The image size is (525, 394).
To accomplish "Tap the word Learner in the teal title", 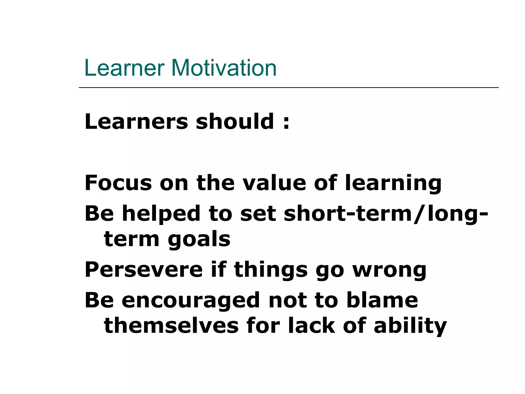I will pos(124,68).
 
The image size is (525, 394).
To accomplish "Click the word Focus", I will pos(118,183).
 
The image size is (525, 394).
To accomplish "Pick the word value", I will pos(274,183).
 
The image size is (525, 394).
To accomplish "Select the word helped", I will pos(161,214).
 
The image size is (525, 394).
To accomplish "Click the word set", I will pos(258,214).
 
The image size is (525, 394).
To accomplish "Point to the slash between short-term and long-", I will pos(419,214).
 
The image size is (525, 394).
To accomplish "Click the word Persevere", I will pos(144,270).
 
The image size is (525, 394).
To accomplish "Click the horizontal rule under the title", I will pos(288,88).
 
